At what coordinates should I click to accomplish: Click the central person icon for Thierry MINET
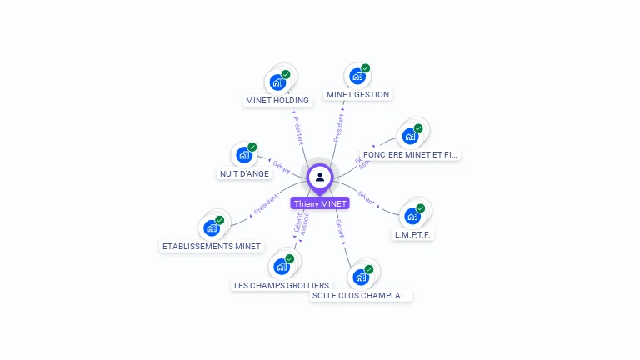tap(320, 177)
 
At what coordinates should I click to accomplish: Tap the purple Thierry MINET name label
tap(320, 203)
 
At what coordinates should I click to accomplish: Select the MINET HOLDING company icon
tap(277, 82)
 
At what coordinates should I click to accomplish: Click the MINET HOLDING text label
tap(277, 101)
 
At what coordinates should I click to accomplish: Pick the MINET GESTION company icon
tap(357, 76)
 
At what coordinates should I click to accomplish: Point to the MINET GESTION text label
tap(358, 95)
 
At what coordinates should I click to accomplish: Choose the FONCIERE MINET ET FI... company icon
tap(410, 136)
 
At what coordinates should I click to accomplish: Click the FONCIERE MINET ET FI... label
tap(412, 155)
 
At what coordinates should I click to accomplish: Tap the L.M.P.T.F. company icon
tap(412, 216)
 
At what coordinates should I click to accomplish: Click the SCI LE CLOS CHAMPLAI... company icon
tap(361, 277)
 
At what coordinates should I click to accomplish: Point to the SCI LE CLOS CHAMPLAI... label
tap(362, 295)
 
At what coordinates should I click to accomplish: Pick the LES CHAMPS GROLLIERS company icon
tap(282, 267)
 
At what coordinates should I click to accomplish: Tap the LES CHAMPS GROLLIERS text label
tap(282, 285)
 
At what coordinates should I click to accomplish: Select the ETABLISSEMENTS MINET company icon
tap(212, 227)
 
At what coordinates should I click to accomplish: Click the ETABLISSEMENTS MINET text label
tap(212, 247)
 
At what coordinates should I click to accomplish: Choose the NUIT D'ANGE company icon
tap(244, 154)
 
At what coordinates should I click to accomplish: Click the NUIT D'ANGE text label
tap(244, 174)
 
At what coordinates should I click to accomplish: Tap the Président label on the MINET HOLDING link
tap(298, 130)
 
